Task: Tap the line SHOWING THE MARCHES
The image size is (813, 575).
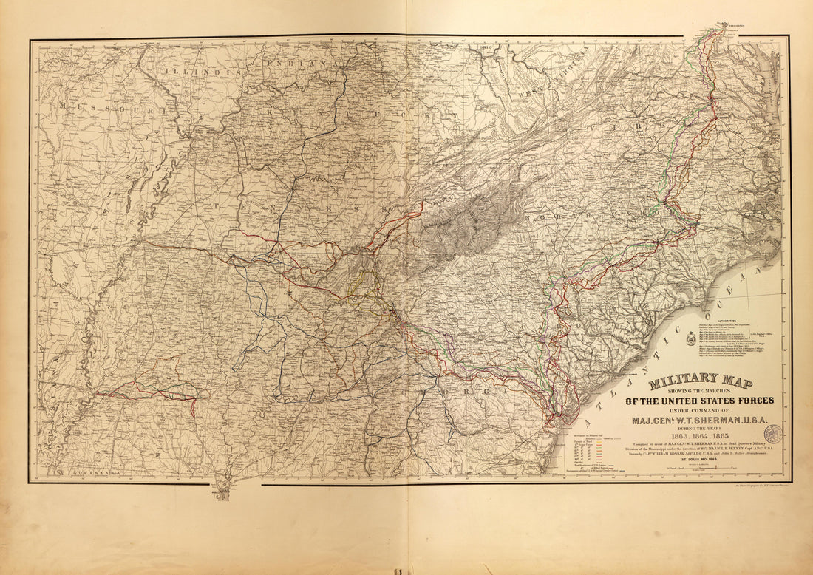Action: point(700,392)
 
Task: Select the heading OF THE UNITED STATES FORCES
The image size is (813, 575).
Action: point(700,401)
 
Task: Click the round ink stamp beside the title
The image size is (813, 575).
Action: point(775,434)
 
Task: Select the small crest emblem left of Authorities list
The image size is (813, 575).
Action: point(691,338)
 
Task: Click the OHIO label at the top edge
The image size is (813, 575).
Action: point(486,47)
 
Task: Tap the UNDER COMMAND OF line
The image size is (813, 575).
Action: point(700,411)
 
